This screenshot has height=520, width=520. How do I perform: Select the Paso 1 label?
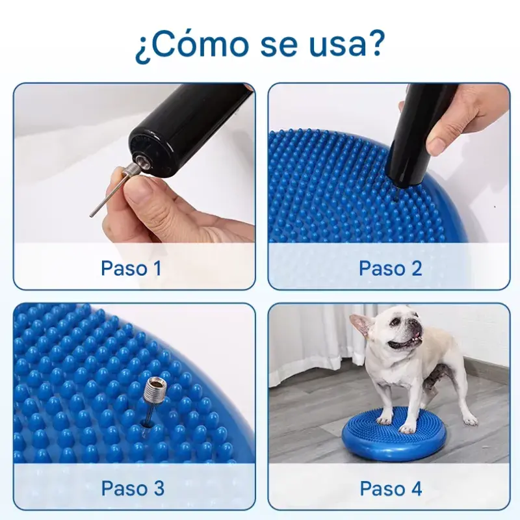pos(131,268)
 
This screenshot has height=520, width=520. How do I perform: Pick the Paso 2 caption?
pos(391,268)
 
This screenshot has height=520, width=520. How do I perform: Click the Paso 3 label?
pos(133,488)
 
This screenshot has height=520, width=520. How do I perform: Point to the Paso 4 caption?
pos(391,488)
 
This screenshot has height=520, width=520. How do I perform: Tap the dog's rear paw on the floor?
pos(470,421)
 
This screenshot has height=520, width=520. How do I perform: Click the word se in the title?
pos(279,47)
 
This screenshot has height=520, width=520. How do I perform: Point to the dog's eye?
pos(394,322)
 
